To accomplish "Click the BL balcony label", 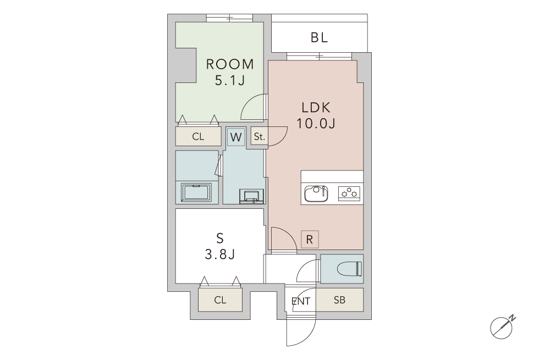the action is pos(319,37).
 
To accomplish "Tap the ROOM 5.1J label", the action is pos(230,72).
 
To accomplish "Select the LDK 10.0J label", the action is pos(316,115).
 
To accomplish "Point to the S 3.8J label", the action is pos(219,246).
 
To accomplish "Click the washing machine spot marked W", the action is pos(236,137).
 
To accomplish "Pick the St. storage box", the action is pos(259,137).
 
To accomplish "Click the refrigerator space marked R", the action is pos(309,240).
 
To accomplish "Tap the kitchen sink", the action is pos(316,194).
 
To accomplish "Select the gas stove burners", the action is pos(349,193).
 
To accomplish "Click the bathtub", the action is pos(196,193).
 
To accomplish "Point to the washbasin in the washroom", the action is pos(252,196).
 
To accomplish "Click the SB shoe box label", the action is pos(339,300).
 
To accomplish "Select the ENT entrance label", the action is pos(301,301).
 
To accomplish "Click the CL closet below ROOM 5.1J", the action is pos(199,137).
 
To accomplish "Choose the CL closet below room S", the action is pos(220,300).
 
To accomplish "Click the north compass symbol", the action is pos(503,326).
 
